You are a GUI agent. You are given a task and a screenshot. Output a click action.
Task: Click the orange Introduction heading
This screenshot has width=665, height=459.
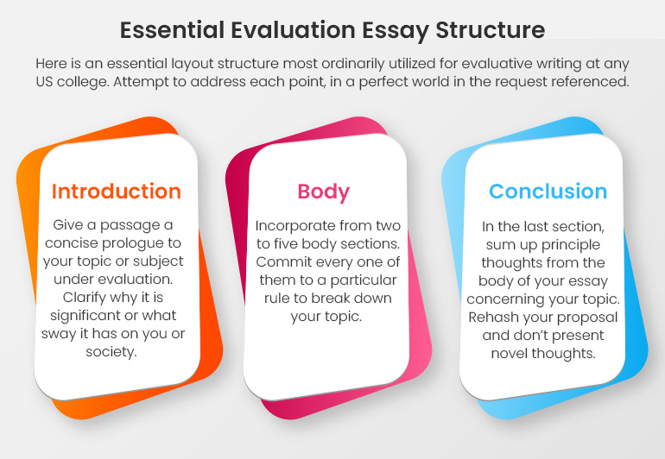[x=116, y=191]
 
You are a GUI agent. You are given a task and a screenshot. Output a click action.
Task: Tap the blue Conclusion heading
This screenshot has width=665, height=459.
[x=548, y=191]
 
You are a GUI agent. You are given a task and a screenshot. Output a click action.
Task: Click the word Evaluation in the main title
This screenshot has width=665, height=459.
[x=284, y=30]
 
